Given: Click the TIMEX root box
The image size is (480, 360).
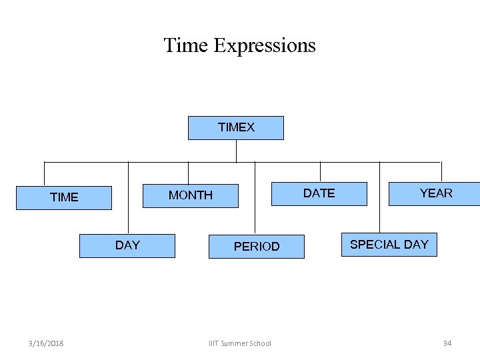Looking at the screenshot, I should [x=235, y=127].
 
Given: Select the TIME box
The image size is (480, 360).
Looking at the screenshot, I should [x=64, y=197].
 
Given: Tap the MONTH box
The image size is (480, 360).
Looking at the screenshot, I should [x=191, y=195].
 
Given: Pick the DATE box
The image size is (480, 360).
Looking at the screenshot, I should [x=319, y=193].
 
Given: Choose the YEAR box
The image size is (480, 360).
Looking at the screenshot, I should [x=435, y=193].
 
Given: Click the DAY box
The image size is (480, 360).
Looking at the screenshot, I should [x=127, y=245].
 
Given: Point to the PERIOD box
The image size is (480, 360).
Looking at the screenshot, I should [x=256, y=247].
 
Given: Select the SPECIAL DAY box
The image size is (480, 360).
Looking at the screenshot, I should [x=389, y=245].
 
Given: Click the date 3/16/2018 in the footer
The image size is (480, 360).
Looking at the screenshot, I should [x=47, y=343].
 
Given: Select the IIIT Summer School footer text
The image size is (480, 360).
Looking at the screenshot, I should [x=240, y=343].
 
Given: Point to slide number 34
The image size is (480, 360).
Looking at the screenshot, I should [x=447, y=343].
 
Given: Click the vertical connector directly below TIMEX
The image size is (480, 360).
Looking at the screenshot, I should [x=236, y=151].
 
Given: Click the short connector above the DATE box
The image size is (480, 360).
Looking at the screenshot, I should [x=320, y=171].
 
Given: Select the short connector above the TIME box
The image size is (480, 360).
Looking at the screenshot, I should [x=44, y=173].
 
